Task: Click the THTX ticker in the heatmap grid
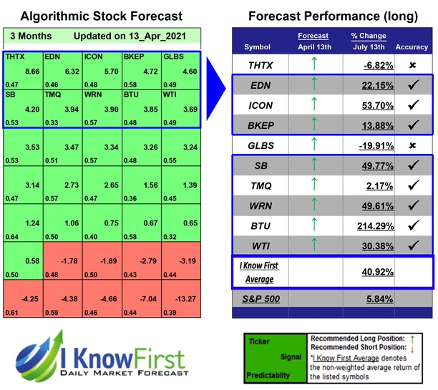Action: coord(16,55)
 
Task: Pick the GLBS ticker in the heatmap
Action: coord(175,55)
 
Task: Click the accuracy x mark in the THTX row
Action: coord(412,64)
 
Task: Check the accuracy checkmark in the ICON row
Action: coord(412,104)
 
